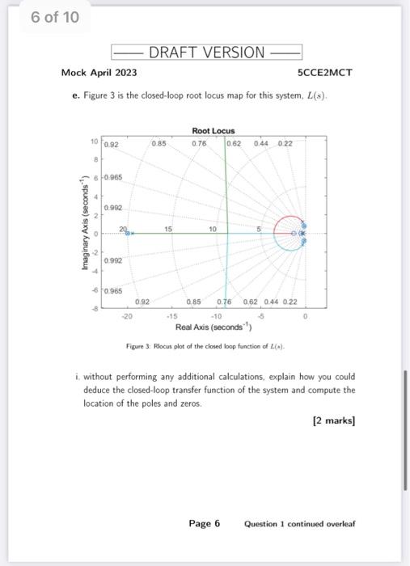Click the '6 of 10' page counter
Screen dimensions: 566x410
coord(54,17)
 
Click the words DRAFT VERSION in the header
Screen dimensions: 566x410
coord(206,53)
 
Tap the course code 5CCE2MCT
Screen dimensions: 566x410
coord(325,73)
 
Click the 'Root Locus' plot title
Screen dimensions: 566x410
coord(213,131)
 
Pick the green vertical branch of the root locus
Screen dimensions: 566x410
coord(226,186)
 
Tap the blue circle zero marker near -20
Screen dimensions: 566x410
coord(128,234)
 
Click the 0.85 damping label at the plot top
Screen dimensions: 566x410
coord(159,143)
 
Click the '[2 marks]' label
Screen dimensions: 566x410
coord(333,421)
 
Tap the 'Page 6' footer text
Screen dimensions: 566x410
coord(204,523)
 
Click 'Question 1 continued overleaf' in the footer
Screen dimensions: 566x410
coord(299,524)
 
